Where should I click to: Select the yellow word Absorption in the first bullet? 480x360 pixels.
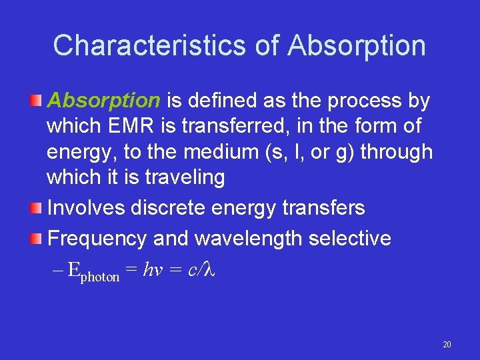tap(103, 101)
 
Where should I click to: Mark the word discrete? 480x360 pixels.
tap(172, 207)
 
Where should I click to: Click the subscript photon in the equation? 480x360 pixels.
tap(100, 276)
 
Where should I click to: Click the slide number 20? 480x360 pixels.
tap(447, 345)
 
